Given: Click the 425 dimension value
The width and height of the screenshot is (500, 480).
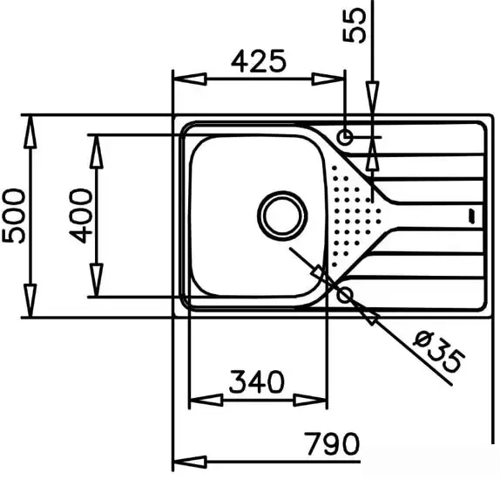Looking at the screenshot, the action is click(x=259, y=61).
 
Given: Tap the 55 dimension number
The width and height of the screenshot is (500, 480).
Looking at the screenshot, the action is click(x=355, y=25).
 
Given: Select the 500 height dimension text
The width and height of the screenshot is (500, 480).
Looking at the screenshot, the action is click(x=13, y=216).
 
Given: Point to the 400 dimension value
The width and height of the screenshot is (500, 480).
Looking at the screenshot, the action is click(x=81, y=216).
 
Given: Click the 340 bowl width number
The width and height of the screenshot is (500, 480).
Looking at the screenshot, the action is click(x=256, y=381).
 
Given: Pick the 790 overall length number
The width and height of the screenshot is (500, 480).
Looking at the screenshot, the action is click(x=332, y=443).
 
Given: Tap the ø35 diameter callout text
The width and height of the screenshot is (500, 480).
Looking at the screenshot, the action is click(x=437, y=352).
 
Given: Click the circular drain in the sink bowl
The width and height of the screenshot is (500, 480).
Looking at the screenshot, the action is click(x=282, y=216).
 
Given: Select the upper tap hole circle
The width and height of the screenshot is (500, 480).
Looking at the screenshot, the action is click(x=345, y=138).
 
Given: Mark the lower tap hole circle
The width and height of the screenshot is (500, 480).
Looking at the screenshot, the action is click(x=345, y=294).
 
